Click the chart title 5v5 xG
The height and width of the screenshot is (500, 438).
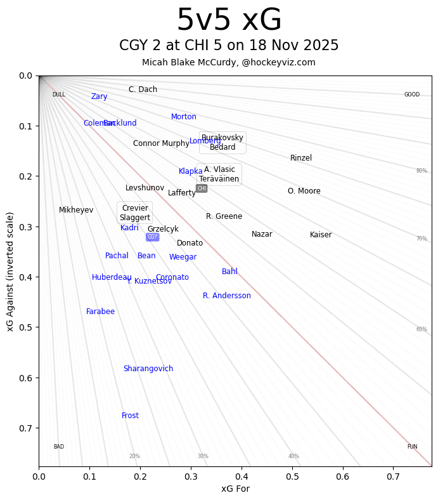click(x=229, y=20)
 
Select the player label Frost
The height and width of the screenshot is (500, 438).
click(x=130, y=416)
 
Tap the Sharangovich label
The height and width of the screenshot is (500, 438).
click(x=148, y=369)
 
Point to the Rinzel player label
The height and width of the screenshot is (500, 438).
click(x=300, y=158)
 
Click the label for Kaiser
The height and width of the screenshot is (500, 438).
click(x=320, y=235)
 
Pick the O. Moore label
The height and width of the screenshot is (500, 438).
click(x=304, y=191)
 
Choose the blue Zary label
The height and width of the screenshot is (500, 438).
click(x=99, y=96)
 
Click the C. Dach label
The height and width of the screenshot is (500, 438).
click(x=143, y=89)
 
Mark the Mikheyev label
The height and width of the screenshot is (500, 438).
click(x=76, y=210)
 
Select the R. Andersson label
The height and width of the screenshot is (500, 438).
click(x=226, y=296)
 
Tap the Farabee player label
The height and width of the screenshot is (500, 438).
click(x=100, y=312)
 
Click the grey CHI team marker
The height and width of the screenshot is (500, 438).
click(x=202, y=188)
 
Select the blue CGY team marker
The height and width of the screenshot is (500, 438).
click(x=152, y=237)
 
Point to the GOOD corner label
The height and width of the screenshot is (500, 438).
click(x=411, y=95)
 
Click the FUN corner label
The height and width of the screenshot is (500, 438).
click(x=412, y=447)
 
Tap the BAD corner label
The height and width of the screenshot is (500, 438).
click(x=58, y=447)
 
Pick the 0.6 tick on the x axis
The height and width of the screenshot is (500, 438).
click(x=342, y=476)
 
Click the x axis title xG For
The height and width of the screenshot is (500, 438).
click(x=235, y=489)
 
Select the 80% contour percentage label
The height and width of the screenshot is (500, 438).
click(x=421, y=171)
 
